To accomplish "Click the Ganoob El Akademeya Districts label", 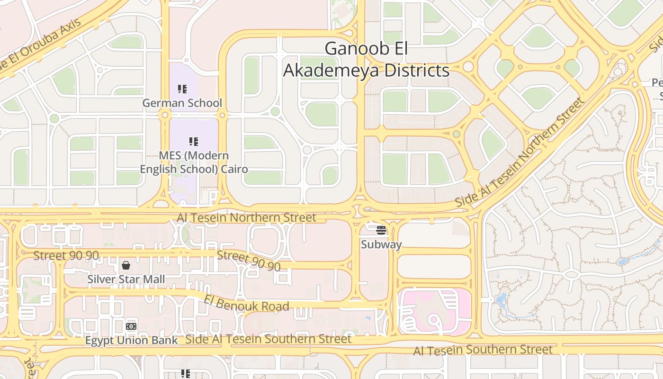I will tap(366, 60).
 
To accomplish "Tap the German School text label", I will tap(182, 103).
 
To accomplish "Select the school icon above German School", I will tap(182, 89).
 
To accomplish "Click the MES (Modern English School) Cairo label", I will tap(194, 162).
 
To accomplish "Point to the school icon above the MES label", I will tap(194, 141).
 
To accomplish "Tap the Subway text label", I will tap(381, 244).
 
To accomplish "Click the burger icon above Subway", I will tap(381, 231).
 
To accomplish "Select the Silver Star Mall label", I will tap(126, 279).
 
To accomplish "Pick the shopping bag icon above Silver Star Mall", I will tap(126, 265).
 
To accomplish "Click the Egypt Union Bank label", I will tap(131, 340).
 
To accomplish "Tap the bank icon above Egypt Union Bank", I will tap(131, 326).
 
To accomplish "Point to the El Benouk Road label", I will tap(246, 303).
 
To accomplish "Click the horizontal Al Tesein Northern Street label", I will tap(246, 217).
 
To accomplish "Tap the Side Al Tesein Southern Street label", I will tap(268, 339).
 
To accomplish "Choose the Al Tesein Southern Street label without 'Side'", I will tap(483, 350).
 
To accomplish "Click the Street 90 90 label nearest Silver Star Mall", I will tap(66, 255).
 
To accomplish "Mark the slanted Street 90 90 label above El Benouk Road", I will tap(249, 261).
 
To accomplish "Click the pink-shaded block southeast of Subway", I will tap(434, 310).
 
